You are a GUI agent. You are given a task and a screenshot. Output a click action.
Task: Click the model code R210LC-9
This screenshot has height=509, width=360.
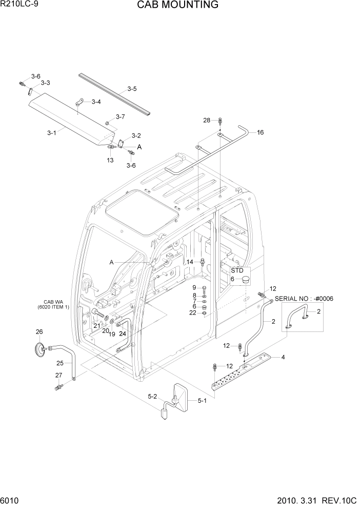click(x=19, y=5)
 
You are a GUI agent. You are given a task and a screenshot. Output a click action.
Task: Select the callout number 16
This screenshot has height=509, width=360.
click(x=261, y=132)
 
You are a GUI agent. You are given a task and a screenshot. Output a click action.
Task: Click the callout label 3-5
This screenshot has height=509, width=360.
click(x=132, y=89)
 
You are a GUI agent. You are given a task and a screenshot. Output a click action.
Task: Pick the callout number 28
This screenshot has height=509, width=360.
click(x=207, y=120)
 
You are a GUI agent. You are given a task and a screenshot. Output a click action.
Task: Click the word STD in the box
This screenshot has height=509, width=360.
click(x=236, y=270)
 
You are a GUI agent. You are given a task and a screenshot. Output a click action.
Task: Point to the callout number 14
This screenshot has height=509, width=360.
click(x=189, y=262)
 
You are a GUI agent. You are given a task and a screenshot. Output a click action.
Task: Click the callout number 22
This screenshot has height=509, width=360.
click(x=192, y=313)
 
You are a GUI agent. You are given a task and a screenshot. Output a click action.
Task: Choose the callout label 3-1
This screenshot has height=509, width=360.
click(x=51, y=132)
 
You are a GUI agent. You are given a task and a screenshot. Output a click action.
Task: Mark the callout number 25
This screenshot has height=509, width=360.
click(x=61, y=363)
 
